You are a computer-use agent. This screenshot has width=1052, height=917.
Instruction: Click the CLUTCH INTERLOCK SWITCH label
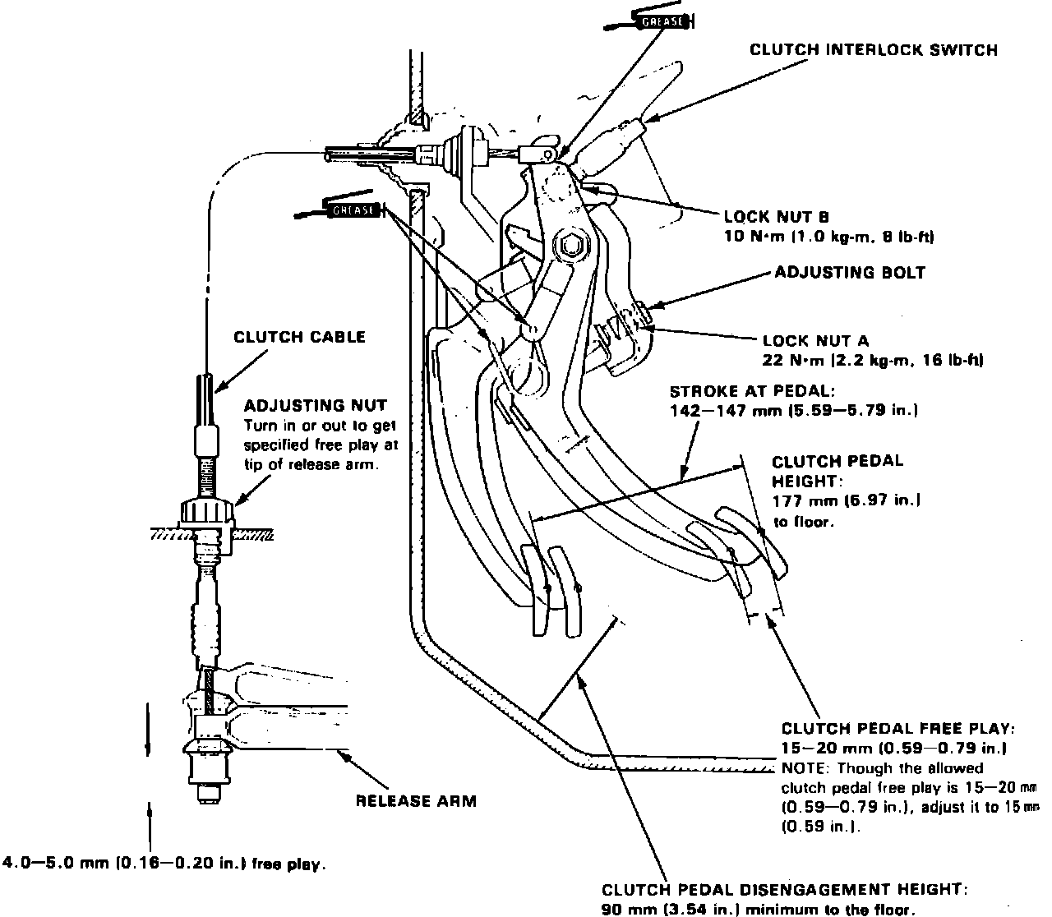(873, 50)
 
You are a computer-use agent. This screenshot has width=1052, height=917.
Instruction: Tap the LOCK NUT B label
(777, 218)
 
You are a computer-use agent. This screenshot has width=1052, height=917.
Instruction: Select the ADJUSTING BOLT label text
(850, 272)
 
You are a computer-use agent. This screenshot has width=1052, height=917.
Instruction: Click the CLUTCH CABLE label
(299, 337)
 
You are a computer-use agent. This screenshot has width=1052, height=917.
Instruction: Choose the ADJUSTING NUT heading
(316, 405)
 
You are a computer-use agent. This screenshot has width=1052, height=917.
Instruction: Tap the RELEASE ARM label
(416, 800)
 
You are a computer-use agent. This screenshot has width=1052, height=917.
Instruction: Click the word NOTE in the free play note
(801, 768)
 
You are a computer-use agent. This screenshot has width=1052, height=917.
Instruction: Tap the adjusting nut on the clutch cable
(207, 514)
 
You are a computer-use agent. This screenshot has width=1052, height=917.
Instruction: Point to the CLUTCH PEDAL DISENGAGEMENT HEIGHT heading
(785, 890)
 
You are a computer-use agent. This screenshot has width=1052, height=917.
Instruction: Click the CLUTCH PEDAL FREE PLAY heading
(897, 728)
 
